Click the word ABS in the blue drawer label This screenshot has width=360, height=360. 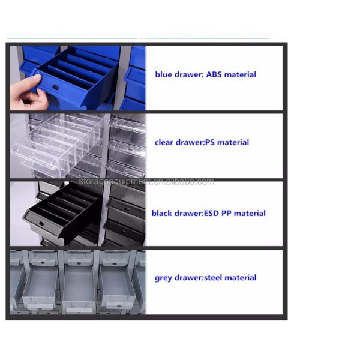(x=214, y=74)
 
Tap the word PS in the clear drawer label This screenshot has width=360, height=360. (x=209, y=142)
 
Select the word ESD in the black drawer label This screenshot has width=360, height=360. (x=211, y=213)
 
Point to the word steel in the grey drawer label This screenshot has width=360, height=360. (x=213, y=278)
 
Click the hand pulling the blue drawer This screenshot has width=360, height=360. (x=27, y=93)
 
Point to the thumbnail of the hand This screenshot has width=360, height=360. (x=37, y=77)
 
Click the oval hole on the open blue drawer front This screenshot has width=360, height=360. (x=56, y=87)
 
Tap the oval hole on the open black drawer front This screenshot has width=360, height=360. (x=41, y=223)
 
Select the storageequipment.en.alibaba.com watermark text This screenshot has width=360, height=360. (x=146, y=182)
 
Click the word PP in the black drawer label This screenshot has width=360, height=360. (x=226, y=213)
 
